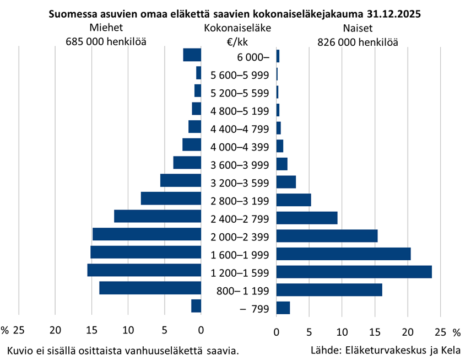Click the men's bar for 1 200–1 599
144,270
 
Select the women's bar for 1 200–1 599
354,272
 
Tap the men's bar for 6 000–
192,55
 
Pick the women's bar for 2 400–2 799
307,218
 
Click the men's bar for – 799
196,306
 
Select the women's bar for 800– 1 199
329,290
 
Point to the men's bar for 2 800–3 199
171,198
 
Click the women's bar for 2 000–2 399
327,236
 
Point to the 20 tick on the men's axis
55,330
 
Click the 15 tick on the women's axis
375,332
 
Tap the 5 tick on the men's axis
164,330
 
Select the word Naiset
357,28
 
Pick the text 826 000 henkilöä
358,42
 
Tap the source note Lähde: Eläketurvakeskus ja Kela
385,350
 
